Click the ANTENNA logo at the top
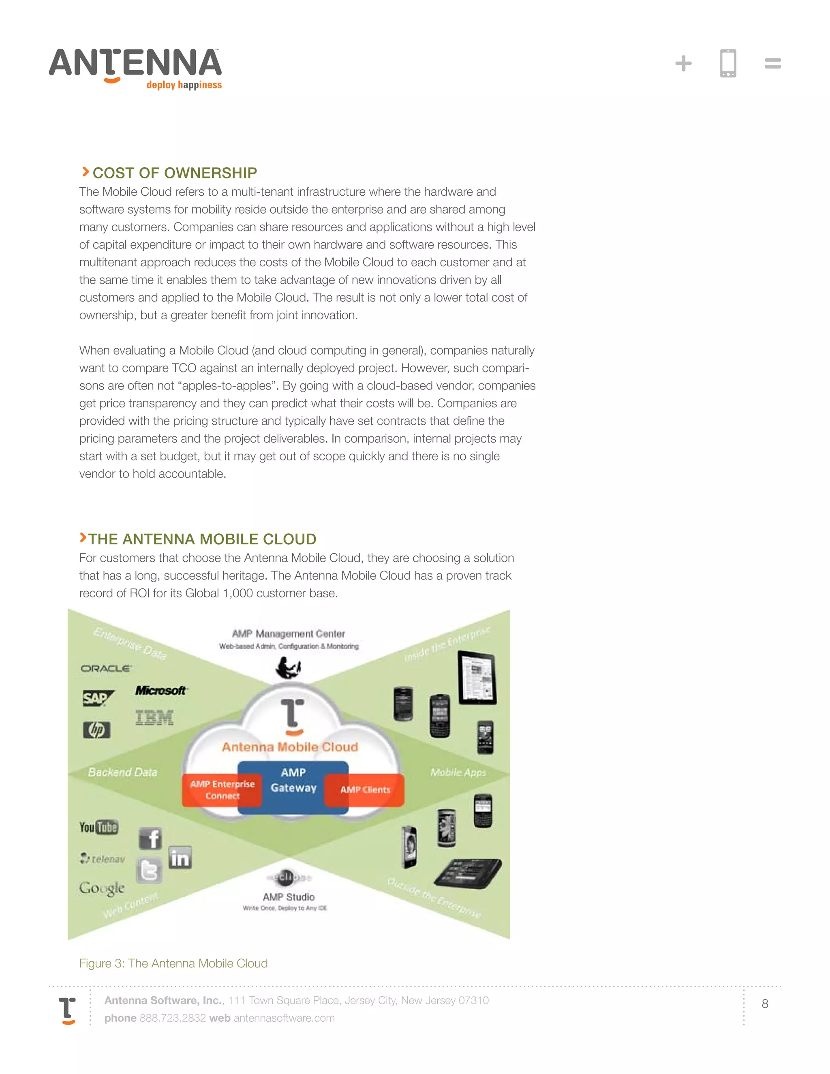(135, 68)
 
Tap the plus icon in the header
(683, 64)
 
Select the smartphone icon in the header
(728, 64)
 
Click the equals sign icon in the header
(772, 64)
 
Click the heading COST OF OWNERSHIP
(175, 173)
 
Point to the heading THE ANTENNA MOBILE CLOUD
(202, 539)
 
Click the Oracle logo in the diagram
(106, 668)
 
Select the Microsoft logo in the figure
(161, 691)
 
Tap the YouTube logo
(99, 827)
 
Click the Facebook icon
(150, 839)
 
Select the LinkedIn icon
(180, 858)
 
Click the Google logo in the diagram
(102, 888)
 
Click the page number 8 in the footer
(765, 1003)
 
